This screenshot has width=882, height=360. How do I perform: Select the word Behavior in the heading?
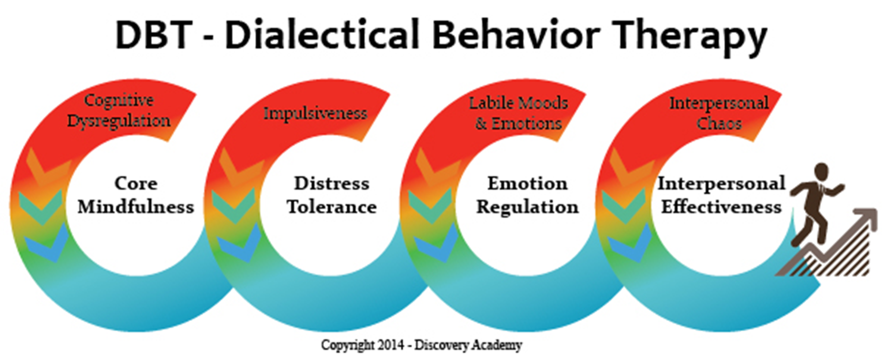tap(516, 35)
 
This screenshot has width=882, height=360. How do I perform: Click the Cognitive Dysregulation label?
tap(119, 110)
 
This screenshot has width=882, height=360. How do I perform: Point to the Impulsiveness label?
tap(315, 113)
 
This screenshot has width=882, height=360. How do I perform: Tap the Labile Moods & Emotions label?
tap(518, 113)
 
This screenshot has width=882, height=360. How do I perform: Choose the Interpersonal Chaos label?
tap(719, 113)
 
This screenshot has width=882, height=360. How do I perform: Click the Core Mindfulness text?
tap(136, 195)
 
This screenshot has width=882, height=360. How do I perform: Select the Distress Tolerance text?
tap(332, 195)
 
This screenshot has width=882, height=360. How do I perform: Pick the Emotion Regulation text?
tap(527, 195)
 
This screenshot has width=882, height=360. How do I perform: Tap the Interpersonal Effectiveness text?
tap(721, 195)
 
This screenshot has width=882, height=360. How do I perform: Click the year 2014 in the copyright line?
tap(390, 345)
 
